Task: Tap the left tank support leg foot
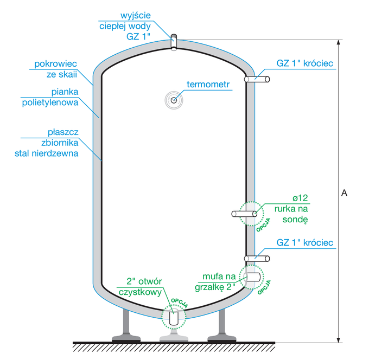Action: pyautogui.click(x=125, y=337)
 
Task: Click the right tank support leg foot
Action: pyautogui.click(x=221, y=337)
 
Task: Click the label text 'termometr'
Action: pyautogui.click(x=208, y=85)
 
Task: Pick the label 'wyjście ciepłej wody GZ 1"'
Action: pyautogui.click(x=128, y=25)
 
